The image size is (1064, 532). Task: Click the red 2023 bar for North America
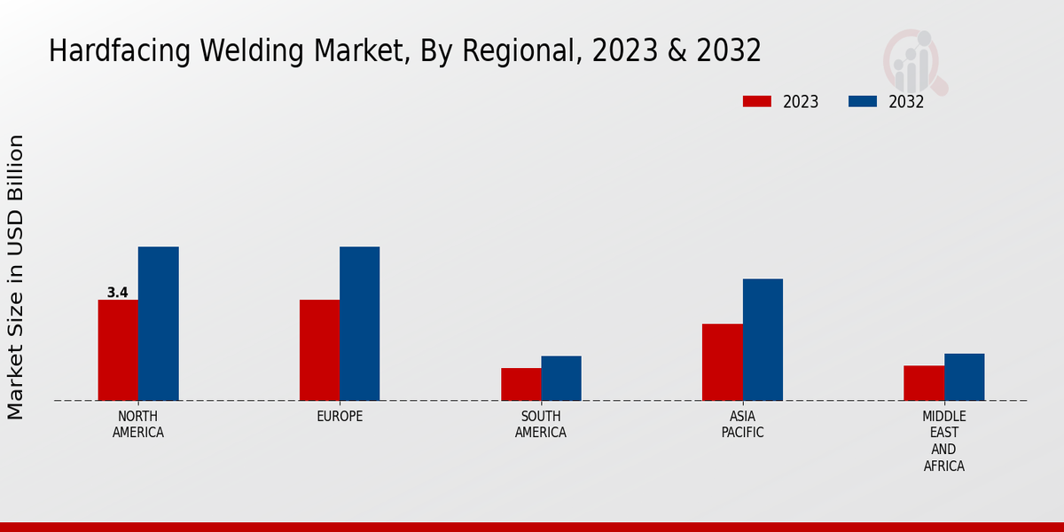tap(118, 350)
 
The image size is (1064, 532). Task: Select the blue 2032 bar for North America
tap(158, 324)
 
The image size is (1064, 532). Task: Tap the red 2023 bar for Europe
tap(319, 350)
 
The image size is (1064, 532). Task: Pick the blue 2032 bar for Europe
tap(359, 324)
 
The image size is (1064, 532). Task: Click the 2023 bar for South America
tap(520, 384)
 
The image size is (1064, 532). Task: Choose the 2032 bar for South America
tap(561, 378)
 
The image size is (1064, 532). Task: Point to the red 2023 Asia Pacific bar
tap(722, 362)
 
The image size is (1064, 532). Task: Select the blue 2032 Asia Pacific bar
tap(763, 340)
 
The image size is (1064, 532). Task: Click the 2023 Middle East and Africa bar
tap(924, 383)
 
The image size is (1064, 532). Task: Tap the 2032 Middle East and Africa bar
tap(964, 377)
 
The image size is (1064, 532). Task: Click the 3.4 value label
tap(117, 293)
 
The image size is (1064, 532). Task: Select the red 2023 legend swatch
tap(756, 101)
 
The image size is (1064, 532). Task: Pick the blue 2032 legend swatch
tap(862, 101)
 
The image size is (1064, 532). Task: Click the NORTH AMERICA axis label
tap(138, 424)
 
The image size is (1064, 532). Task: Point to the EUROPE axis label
tap(340, 416)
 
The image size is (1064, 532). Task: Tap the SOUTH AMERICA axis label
tap(541, 424)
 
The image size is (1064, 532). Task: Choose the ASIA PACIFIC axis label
tap(742, 424)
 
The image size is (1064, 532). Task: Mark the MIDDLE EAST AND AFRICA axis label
tap(943, 441)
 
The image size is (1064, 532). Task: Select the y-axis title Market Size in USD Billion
tap(16, 277)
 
